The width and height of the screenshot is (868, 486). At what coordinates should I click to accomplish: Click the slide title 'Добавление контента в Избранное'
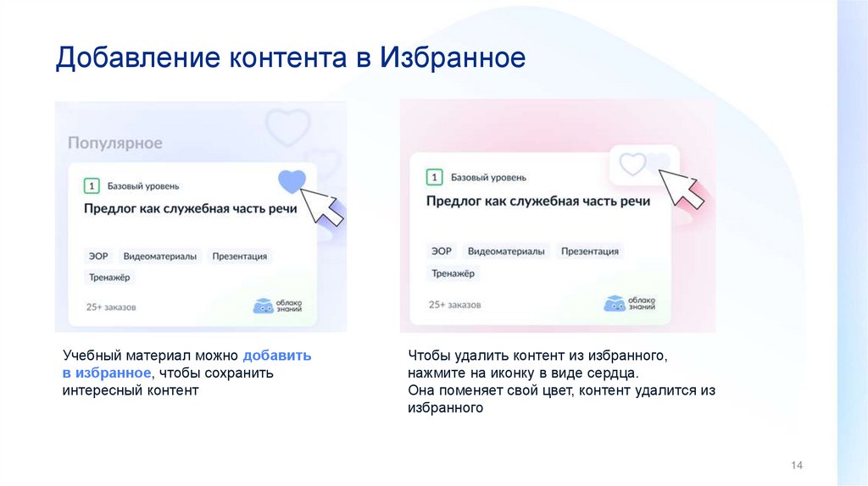[x=291, y=58]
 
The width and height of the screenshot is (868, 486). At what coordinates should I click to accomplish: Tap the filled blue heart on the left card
[x=292, y=180]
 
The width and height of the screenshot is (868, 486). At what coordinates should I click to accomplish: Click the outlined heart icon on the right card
[x=632, y=163]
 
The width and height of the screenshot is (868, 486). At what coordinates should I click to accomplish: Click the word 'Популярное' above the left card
[x=114, y=143]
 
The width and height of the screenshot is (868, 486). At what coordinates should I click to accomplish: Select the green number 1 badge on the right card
[x=435, y=178]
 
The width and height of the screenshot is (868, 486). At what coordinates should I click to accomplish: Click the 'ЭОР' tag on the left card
[x=97, y=256]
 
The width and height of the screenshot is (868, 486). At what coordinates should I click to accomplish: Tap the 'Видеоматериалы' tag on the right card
[x=505, y=251]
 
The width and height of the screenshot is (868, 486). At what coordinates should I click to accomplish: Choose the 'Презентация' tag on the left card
[x=240, y=256]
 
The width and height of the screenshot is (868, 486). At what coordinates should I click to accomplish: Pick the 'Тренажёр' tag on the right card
[x=453, y=273]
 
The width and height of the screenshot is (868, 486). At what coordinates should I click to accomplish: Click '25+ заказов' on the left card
[x=111, y=307]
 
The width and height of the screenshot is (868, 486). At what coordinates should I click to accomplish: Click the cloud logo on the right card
[x=631, y=303]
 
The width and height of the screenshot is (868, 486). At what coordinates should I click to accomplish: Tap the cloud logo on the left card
[x=276, y=307]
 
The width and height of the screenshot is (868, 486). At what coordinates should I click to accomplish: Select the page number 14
[x=796, y=466]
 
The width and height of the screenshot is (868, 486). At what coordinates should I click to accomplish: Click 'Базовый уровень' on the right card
[x=488, y=178]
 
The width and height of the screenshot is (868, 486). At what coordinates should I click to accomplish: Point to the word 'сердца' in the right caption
[x=614, y=373]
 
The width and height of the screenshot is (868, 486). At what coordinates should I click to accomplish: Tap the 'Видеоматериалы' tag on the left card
[x=160, y=256]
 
